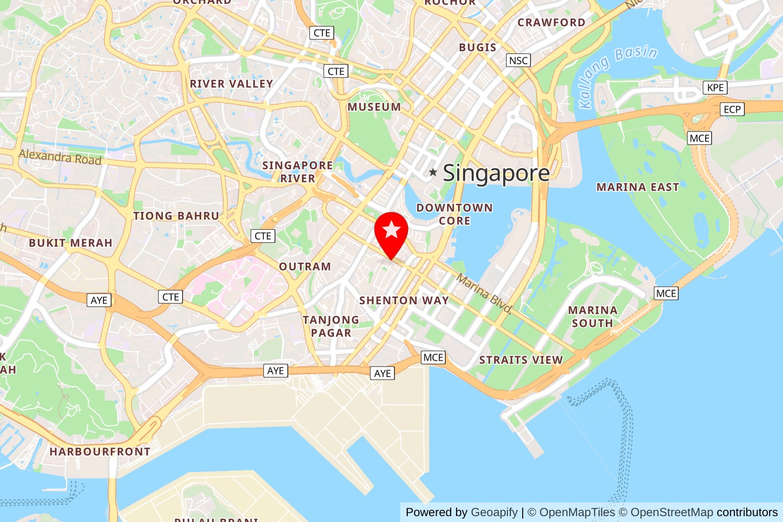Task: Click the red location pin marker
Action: coord(391,232)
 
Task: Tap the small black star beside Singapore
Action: coord(433,172)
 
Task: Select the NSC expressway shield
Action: coord(518,60)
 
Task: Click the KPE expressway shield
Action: coord(715,88)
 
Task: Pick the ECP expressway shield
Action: coord(732,109)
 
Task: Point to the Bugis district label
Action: coord(478,47)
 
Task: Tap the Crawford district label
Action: coord(551,23)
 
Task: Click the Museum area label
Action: coord(374,107)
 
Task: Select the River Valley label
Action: coord(231,84)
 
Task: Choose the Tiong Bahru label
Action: coord(176,216)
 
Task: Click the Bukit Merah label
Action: coord(70,243)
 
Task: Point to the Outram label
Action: coord(305,266)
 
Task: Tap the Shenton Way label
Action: coord(404,300)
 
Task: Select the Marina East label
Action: coord(638,187)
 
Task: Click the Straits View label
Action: coord(521,360)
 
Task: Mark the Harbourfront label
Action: coord(100,451)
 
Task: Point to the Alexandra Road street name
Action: coord(60,157)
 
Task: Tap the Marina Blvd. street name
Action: coord(484,293)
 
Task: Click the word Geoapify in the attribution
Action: coord(494,512)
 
